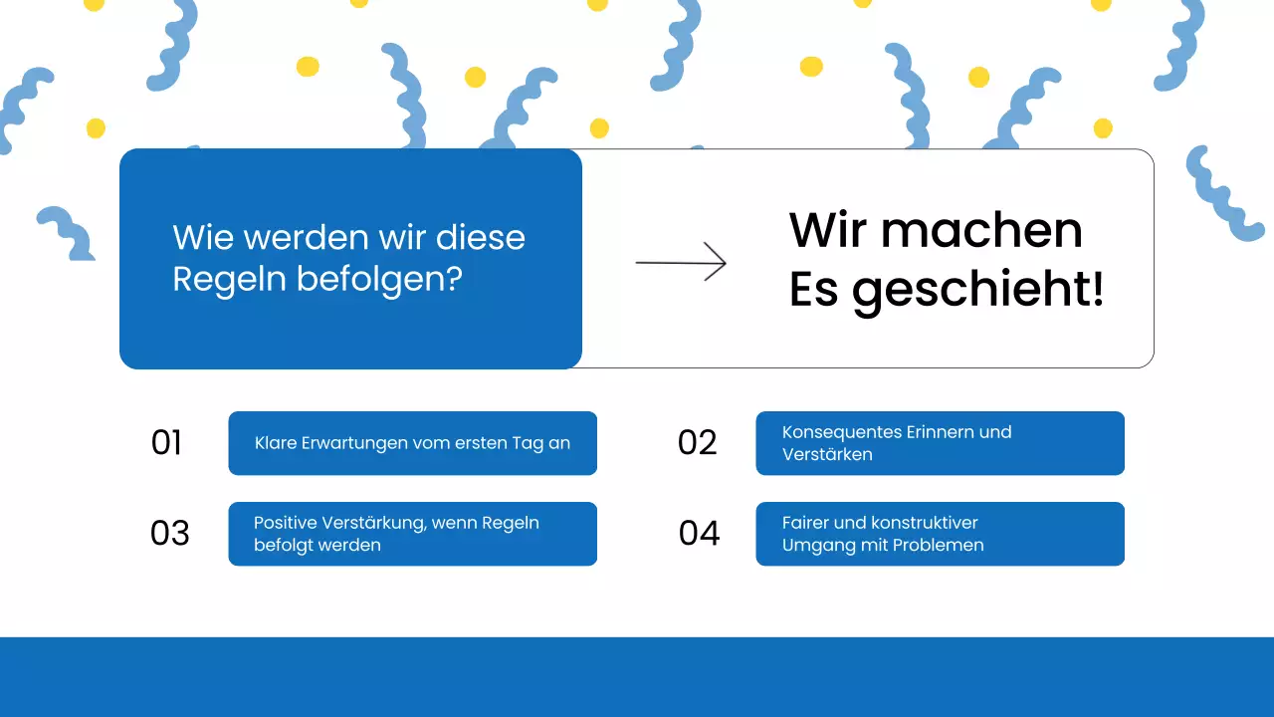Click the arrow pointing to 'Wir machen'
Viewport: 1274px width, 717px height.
pos(681,263)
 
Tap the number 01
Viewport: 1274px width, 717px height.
pos(166,443)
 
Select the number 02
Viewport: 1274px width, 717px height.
pos(697,443)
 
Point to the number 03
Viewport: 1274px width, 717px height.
pos(169,534)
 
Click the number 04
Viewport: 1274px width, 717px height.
pos(699,534)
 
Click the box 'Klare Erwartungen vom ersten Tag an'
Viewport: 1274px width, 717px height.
pos(412,443)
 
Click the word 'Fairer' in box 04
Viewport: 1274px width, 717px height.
pos(807,523)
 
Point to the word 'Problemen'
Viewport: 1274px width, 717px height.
pos(937,545)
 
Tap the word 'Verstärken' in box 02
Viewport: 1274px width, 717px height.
pos(827,454)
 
